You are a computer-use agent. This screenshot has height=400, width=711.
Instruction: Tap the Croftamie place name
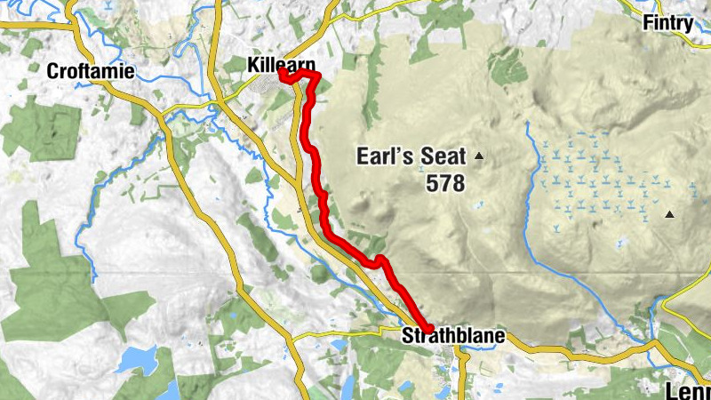[x=92, y=71]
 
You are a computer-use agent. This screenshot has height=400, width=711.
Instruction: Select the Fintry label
[x=667, y=23]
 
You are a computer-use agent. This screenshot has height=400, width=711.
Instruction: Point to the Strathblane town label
[x=453, y=336]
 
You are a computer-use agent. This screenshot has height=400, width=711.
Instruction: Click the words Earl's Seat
[x=411, y=157]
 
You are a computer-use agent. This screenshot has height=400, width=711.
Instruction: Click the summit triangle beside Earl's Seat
[x=480, y=157]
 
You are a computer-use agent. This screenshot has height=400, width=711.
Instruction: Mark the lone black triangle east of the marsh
[x=669, y=213]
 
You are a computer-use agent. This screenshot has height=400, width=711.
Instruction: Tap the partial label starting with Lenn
[x=688, y=391]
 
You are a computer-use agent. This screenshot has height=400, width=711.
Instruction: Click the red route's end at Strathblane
[x=427, y=328]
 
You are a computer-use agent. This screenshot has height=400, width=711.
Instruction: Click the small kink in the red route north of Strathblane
[x=380, y=260]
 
